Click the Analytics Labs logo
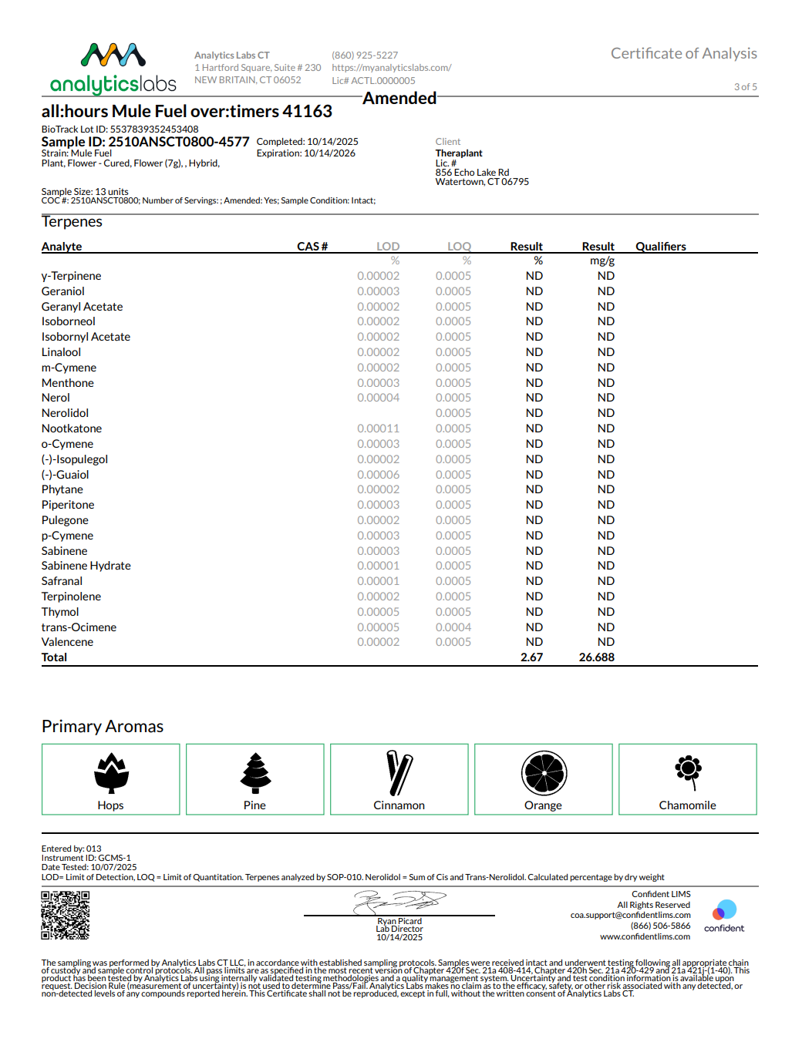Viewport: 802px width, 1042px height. (113, 69)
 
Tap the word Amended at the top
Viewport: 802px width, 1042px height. (399, 99)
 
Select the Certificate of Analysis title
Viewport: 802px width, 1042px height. (683, 53)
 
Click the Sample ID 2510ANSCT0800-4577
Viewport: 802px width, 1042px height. (145, 142)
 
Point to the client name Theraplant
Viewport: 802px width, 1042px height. (459, 153)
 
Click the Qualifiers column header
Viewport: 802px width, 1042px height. (660, 247)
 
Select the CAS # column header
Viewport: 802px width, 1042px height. (312, 247)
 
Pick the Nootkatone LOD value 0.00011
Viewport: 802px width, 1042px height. (378, 429)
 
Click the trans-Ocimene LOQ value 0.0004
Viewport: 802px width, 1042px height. (453, 627)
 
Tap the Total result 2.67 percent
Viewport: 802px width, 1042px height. (531, 657)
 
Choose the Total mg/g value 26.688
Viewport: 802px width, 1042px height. (596, 657)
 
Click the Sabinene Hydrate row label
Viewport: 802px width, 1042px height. (86, 566)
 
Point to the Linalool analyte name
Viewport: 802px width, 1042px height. (61, 352)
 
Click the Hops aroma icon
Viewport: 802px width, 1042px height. (111, 773)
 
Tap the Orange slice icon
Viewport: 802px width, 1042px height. (544, 773)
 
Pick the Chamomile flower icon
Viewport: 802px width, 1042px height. (688, 771)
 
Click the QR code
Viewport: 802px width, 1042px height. (65, 916)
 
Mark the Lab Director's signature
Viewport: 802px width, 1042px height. (399, 900)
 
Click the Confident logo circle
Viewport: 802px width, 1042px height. (724, 910)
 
